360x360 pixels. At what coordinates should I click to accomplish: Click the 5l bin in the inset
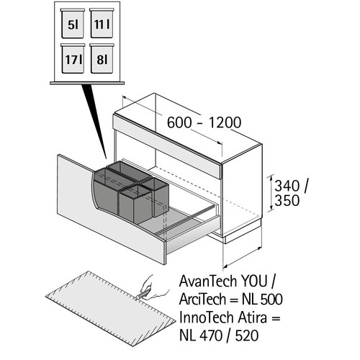[73, 23]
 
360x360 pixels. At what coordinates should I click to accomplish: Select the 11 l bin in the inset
[102, 23]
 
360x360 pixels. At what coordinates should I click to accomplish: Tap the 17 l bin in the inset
[73, 58]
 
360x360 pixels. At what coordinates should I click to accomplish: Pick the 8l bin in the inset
[102, 58]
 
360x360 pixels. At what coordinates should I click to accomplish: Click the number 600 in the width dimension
[179, 122]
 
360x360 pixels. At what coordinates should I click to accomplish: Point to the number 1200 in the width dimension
[225, 122]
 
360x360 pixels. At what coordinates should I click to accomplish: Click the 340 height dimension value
[287, 186]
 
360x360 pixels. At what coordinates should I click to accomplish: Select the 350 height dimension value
[287, 200]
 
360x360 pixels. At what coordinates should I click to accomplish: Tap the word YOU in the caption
[254, 281]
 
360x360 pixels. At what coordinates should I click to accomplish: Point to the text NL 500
[262, 300]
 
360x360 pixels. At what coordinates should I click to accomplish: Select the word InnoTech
[207, 318]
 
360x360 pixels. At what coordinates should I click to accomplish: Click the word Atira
[252, 318]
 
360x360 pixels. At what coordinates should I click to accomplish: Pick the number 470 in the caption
[211, 336]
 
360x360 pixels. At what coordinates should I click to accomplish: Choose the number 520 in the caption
[247, 336]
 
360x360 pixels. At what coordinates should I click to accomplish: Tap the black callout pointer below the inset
[95, 120]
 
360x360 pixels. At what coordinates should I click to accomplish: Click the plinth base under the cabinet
[243, 234]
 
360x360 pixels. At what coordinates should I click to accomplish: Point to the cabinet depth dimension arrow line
[242, 257]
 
